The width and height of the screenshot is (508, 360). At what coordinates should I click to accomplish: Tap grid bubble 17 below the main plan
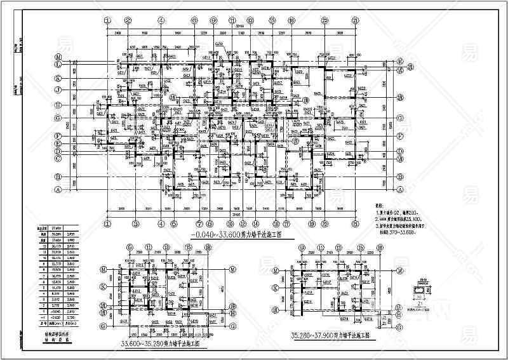[x=287, y=223]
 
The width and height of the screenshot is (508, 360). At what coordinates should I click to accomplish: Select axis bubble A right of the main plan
[x=401, y=190]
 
